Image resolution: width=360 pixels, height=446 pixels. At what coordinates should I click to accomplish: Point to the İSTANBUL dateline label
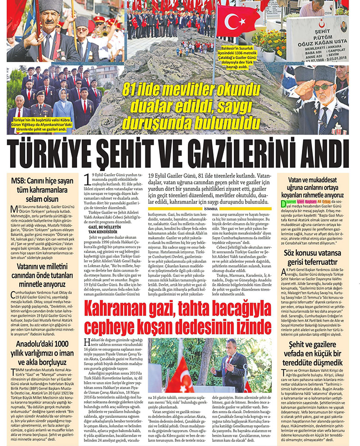pyautogui.click(x=210, y=208)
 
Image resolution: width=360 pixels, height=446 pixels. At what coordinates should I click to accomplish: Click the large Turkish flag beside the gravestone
pyautogui.click(x=238, y=21)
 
